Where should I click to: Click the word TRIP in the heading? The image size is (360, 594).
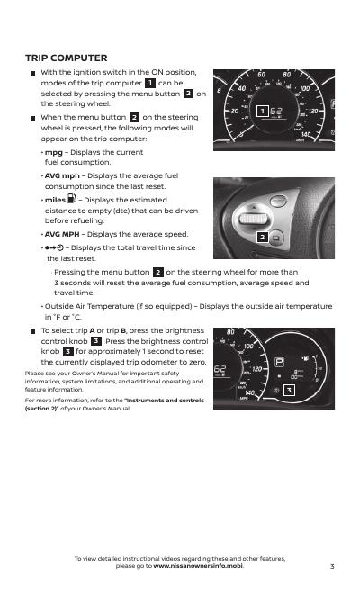[37, 58]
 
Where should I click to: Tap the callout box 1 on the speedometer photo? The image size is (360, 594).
[262, 111]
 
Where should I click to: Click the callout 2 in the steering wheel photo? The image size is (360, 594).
[262, 238]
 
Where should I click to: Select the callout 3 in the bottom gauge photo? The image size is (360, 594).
[289, 390]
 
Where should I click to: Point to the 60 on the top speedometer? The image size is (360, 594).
[262, 74]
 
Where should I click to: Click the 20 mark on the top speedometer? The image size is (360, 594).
[235, 111]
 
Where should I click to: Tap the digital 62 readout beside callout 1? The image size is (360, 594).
[276, 111]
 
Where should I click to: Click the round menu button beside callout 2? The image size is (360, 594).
[276, 238]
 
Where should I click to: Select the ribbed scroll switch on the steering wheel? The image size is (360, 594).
[254, 219]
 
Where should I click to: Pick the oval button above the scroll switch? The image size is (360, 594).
[278, 201]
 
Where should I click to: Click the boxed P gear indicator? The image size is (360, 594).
[279, 362]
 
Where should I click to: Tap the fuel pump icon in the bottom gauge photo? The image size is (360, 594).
[305, 357]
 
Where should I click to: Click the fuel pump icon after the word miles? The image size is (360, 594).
[72, 199]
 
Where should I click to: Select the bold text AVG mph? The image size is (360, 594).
[62, 175]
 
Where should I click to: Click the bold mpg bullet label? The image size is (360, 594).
[54, 153]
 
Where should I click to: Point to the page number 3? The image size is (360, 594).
[332, 566]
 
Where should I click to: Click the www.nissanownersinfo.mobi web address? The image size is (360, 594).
[198, 566]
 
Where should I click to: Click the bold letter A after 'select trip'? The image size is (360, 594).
[93, 330]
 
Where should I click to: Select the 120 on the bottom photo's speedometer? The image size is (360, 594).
[257, 369]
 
